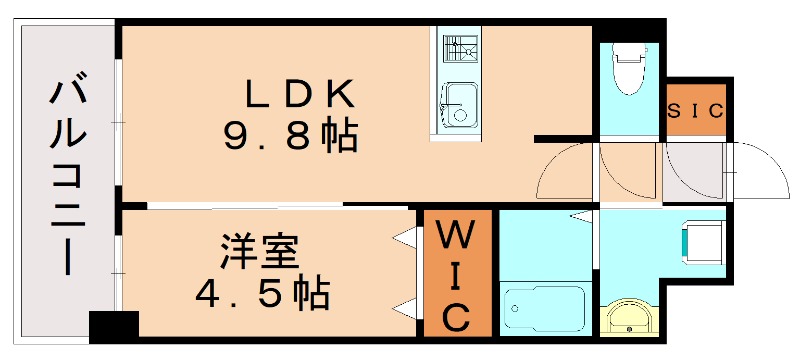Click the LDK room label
[301, 95]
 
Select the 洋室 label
[259, 250]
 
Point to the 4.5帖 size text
[261, 292]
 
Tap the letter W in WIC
[456, 240]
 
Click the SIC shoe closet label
[695, 111]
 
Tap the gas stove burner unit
[459, 48]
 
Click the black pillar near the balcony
[113, 325]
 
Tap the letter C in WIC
[456, 318]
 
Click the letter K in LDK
[340, 95]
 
